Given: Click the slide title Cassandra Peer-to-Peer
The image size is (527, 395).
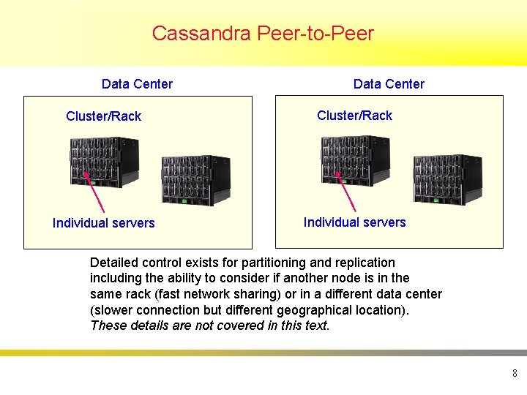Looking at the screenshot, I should coord(263,34).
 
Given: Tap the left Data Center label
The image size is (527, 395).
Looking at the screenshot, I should coord(137,84).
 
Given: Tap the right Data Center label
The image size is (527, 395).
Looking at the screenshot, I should coord(389,84).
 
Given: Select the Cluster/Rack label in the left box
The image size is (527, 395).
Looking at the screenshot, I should coord(103,116).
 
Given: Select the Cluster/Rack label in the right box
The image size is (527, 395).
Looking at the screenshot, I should coord(354,116).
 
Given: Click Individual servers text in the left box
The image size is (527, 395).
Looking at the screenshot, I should coord(103,223).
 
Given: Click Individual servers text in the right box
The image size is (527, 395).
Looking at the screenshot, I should coord(354,222).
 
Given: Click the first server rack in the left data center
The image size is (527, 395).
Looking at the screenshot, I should coord(103,162).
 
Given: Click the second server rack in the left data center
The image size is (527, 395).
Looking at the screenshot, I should coord(195,180).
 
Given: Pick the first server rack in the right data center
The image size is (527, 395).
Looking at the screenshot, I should coord(355,162).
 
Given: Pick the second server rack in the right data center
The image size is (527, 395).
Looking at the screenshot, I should coord(447,179).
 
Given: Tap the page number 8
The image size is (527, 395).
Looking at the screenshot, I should coord(515,374).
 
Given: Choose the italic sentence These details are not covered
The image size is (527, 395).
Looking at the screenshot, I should coord(210,326).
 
